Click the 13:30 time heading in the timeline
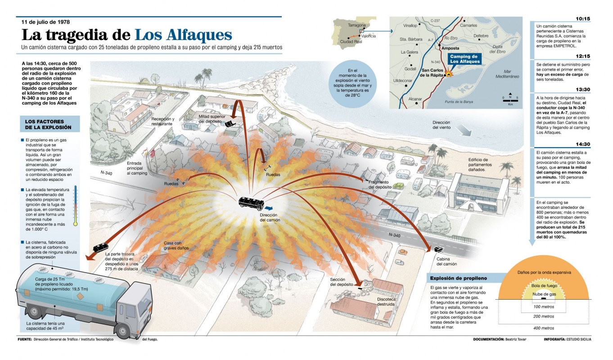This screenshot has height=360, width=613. (x=582, y=89)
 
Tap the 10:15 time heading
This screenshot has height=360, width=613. (x=582, y=19)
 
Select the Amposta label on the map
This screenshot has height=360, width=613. (x=451, y=48)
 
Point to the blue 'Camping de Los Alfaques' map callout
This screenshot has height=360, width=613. (x=464, y=59)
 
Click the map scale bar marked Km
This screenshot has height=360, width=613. (x=510, y=100)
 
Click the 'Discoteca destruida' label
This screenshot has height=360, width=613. (x=386, y=301)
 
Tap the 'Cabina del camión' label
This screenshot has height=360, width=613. (x=446, y=261)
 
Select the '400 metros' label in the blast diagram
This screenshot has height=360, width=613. (x=544, y=328)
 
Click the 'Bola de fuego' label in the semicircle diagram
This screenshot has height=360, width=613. (x=544, y=285)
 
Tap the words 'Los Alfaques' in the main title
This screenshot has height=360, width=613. (x=183, y=35)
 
